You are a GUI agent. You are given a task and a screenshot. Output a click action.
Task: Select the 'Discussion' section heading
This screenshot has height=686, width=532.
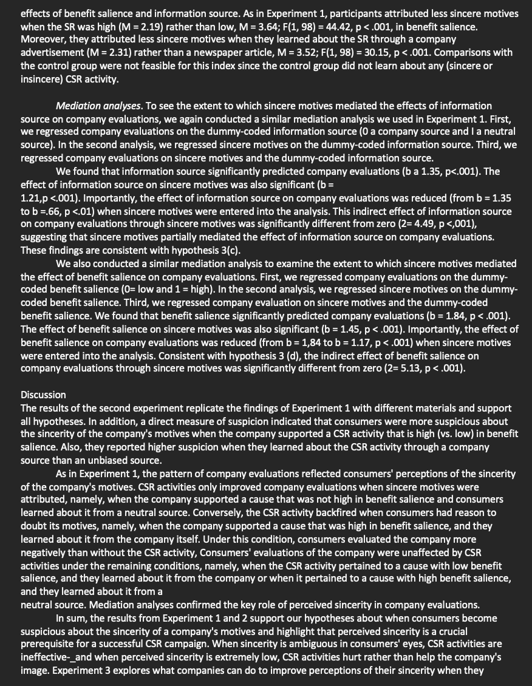click(x=43, y=395)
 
